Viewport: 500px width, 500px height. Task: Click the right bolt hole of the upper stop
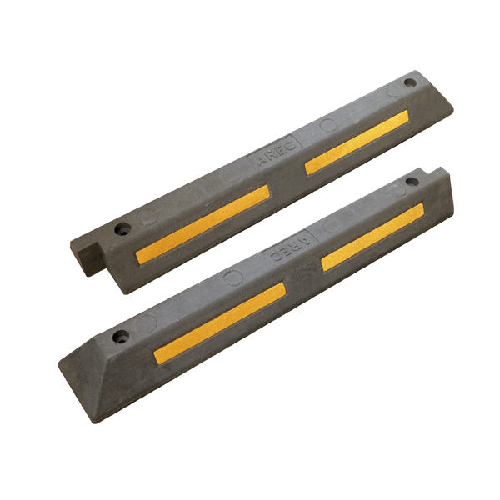click(408, 82)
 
